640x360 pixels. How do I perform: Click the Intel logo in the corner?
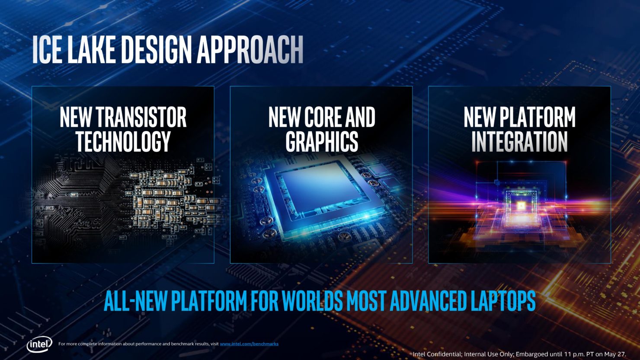[x=39, y=344]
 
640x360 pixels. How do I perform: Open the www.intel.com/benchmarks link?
[x=249, y=344]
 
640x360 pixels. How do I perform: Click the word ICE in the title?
[x=47, y=49]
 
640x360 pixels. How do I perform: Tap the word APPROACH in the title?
[x=250, y=49]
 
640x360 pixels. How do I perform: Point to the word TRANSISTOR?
[x=141, y=117]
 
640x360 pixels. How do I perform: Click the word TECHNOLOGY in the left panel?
[x=123, y=142]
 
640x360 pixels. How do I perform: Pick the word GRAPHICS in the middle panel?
[x=322, y=142]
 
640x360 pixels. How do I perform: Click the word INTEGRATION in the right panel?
[x=519, y=142]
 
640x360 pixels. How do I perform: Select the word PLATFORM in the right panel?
[x=538, y=117]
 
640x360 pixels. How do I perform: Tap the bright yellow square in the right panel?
[x=521, y=205]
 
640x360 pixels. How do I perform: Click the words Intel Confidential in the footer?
[x=437, y=354]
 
